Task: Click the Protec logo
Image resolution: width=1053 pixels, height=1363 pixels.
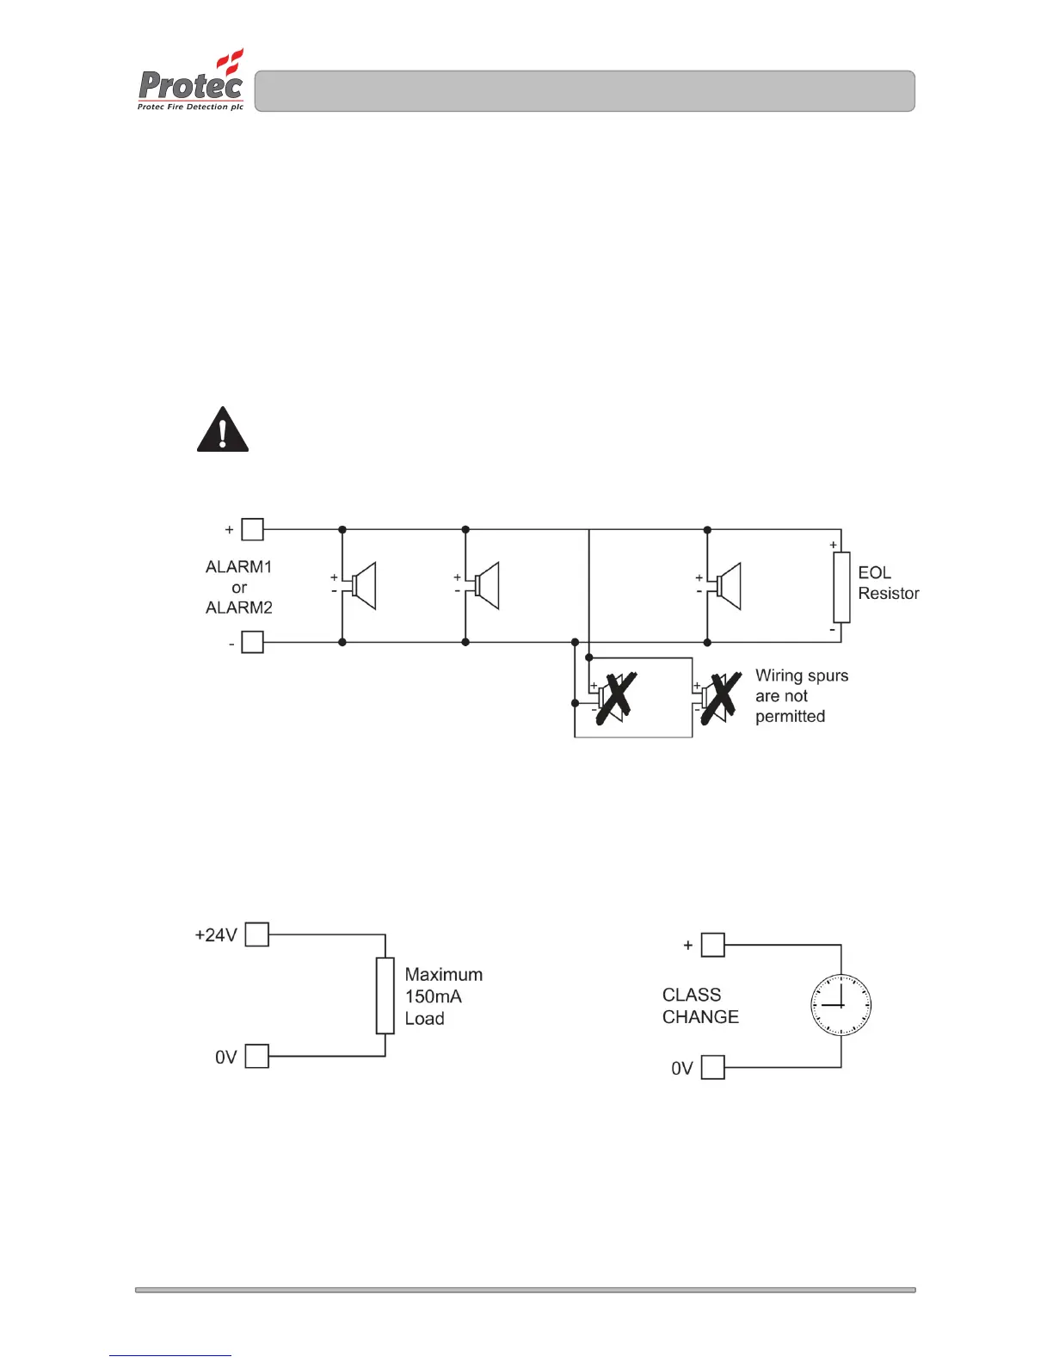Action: [x=191, y=81]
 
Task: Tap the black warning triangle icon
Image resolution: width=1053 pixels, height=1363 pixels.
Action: [x=223, y=430]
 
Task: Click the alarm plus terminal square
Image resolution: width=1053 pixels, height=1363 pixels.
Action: [x=252, y=529]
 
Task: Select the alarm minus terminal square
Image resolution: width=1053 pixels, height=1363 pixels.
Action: [x=252, y=642]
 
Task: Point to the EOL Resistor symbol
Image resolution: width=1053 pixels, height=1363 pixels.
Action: [x=841, y=587]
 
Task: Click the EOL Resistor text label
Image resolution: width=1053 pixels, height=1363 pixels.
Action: [x=888, y=583]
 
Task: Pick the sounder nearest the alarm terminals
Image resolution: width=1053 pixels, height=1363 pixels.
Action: [x=362, y=586]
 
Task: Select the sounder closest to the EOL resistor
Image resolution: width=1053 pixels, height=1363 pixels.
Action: [x=728, y=586]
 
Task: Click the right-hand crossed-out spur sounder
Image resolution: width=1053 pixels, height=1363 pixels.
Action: [x=719, y=697]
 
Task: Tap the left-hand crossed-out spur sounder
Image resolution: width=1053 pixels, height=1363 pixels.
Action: [x=613, y=697]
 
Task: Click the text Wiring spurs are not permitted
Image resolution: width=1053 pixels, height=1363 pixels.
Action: [x=801, y=696]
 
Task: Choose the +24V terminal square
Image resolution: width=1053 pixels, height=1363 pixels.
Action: [x=257, y=934]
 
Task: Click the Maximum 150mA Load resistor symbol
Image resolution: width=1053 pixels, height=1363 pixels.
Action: [x=385, y=996]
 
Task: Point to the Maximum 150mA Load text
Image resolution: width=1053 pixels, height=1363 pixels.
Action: [x=443, y=996]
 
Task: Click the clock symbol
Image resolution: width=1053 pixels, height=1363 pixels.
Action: [x=841, y=1005]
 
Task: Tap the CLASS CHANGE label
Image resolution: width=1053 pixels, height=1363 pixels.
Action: [x=700, y=1006]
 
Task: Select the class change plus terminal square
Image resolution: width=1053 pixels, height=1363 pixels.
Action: [x=713, y=945]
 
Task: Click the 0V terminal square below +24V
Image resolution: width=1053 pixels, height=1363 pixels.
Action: [x=257, y=1056]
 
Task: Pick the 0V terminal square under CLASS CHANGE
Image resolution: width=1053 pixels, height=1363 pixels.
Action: [x=713, y=1068]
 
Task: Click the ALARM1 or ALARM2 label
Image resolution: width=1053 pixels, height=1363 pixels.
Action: [x=238, y=587]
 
